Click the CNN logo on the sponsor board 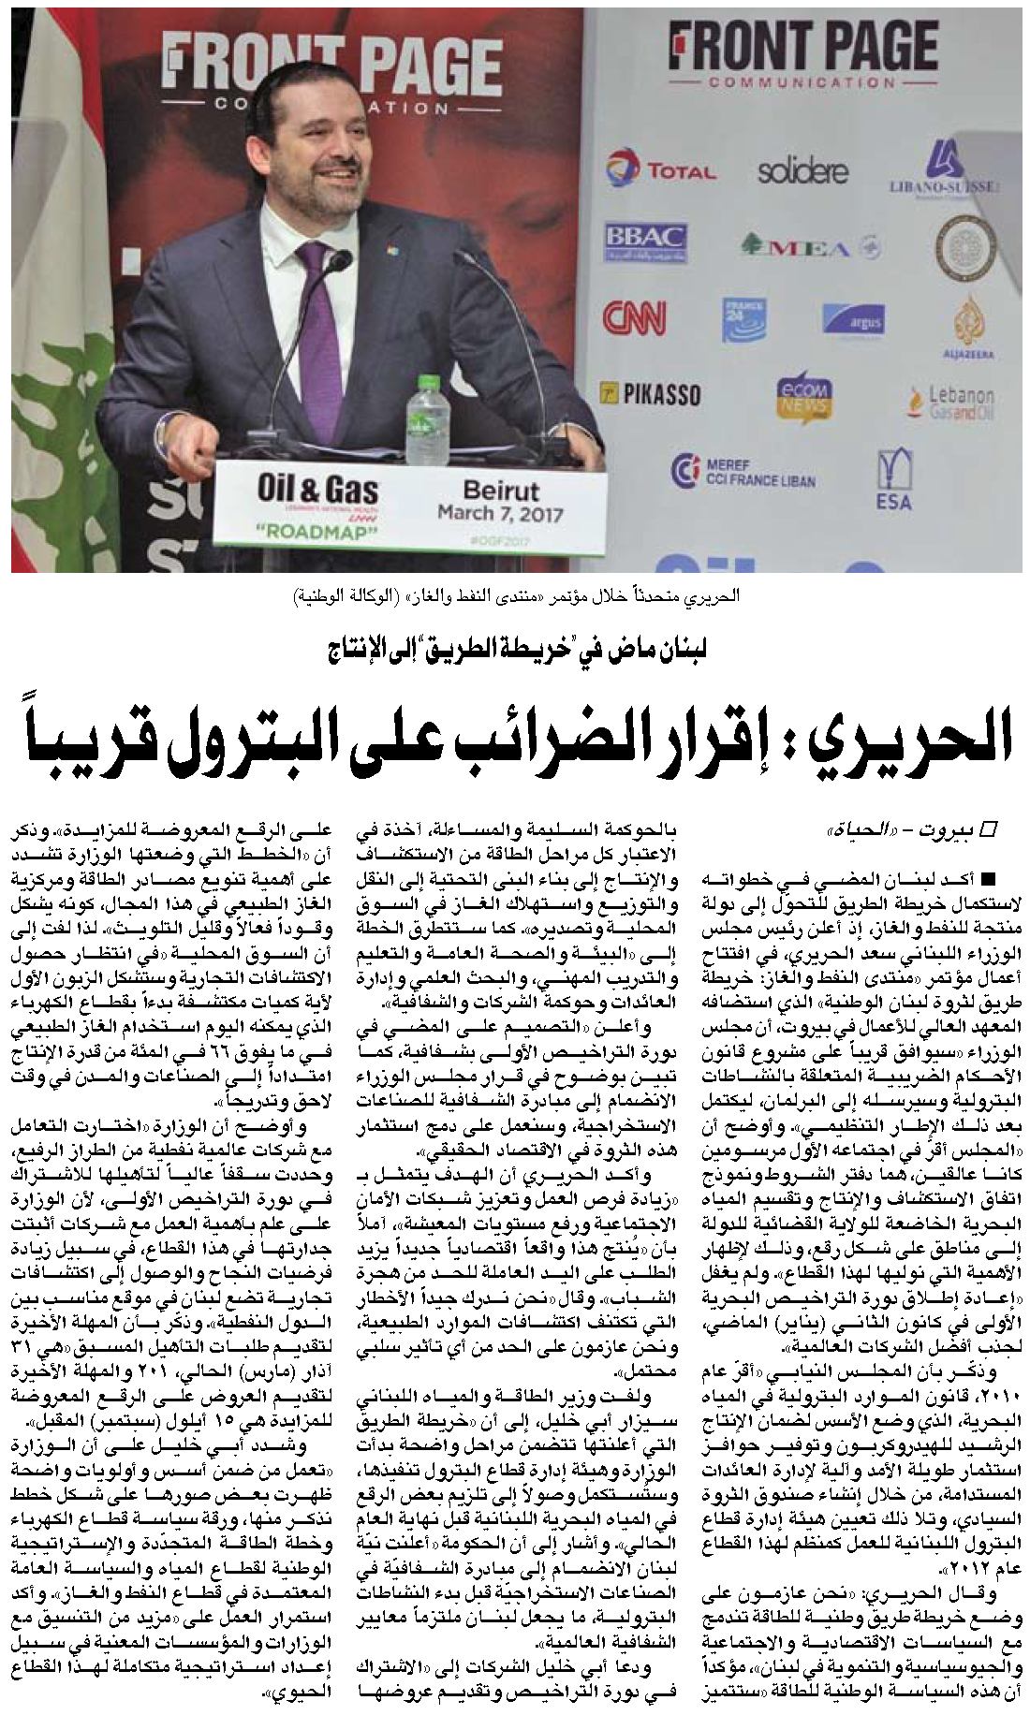coord(634,318)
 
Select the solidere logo coord(802,171)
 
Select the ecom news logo coord(802,396)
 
